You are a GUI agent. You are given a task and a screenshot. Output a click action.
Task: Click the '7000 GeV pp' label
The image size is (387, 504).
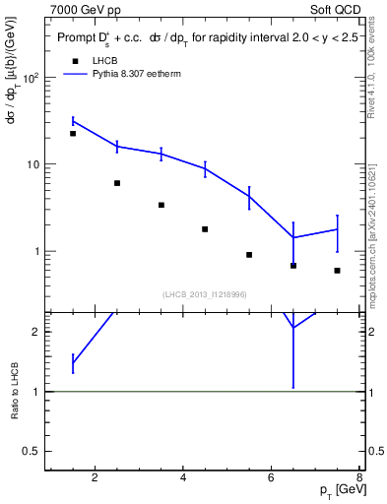coord(88,9)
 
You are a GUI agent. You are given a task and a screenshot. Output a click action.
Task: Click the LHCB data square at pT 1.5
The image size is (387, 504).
coord(73,134)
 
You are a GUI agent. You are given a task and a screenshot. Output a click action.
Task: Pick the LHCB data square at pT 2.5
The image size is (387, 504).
coord(117,183)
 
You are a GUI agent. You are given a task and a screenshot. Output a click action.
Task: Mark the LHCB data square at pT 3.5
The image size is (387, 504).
coord(161,205)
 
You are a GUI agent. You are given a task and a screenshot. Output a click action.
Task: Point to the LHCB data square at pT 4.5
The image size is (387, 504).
coord(205,229)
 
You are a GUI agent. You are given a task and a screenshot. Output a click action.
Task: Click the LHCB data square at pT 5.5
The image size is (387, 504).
coord(249,255)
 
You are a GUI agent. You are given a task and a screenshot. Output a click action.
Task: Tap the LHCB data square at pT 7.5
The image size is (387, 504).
coord(337,271)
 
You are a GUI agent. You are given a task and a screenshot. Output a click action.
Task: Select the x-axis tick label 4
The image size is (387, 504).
coord(184,479)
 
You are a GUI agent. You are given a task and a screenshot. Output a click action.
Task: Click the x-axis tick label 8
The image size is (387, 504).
coord(359,479)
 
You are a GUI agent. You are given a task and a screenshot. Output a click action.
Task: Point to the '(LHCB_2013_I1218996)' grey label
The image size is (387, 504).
coord(204,293)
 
